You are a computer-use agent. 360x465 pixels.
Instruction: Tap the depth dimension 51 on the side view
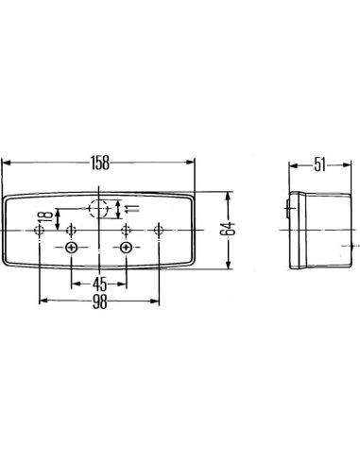(319, 165)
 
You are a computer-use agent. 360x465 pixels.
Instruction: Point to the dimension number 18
(40, 229)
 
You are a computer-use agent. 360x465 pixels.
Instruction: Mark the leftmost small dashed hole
(39, 229)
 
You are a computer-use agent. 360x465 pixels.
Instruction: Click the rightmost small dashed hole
(158, 229)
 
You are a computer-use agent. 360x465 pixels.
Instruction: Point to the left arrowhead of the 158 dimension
(8, 164)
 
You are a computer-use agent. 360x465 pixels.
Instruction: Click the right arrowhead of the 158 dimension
(194, 164)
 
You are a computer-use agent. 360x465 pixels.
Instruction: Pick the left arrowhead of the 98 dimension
(43, 301)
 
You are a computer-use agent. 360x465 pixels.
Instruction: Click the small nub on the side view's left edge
(287, 210)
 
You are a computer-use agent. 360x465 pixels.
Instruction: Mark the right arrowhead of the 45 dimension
(121, 282)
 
